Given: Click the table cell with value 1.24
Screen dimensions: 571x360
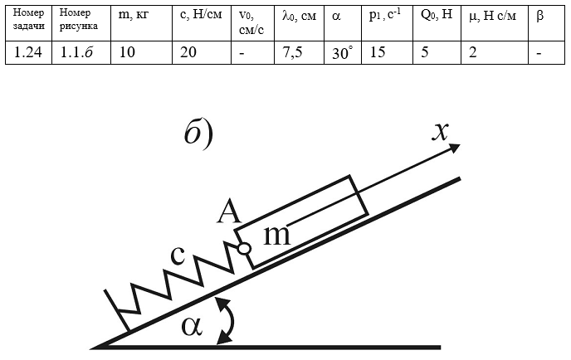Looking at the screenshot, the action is coord(28,53).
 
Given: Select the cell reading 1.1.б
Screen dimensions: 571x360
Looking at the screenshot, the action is coord(81,53).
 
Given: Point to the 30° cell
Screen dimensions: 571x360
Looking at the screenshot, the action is coord(343,53).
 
